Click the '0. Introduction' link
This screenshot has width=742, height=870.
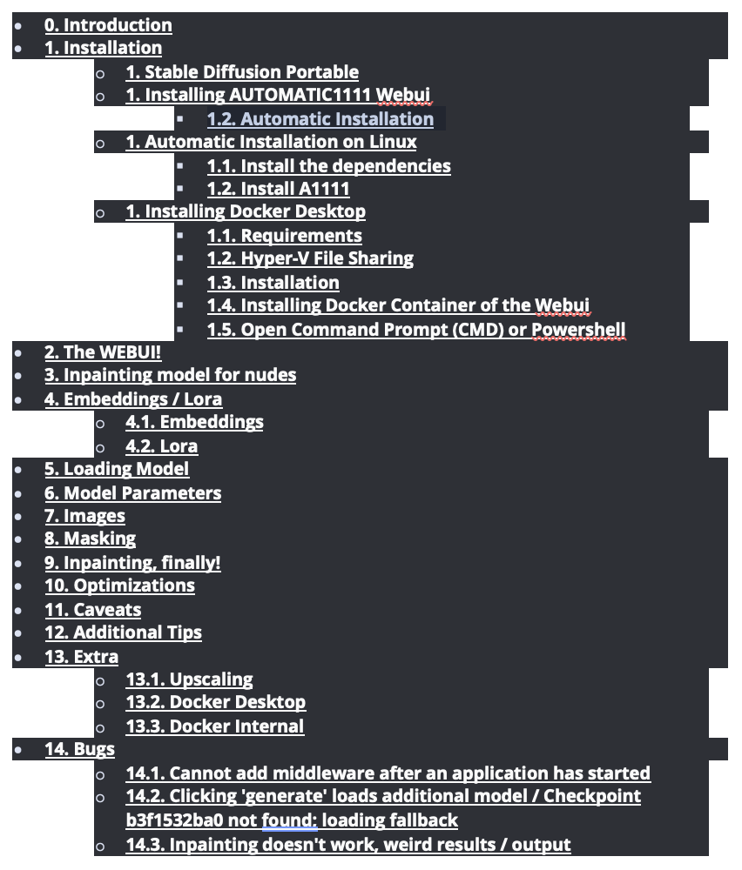pos(108,25)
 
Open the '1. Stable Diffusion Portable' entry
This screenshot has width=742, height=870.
pos(242,72)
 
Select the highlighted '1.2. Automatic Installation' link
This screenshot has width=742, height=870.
pos(320,118)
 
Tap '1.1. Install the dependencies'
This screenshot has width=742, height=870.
pos(329,166)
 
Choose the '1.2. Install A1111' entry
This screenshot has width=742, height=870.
pos(279,189)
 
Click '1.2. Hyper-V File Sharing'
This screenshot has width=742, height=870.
pos(310,258)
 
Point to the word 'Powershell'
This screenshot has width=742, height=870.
pos(579,330)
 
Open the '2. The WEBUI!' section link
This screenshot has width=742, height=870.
pos(103,352)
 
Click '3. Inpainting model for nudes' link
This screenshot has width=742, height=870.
pos(171,375)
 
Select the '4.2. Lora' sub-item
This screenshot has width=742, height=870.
pos(162,446)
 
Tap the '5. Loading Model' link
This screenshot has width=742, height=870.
pos(117,469)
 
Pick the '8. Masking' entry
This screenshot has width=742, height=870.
pos(91,539)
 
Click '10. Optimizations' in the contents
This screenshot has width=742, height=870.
pos(120,586)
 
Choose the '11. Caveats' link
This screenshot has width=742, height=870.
pos(92,610)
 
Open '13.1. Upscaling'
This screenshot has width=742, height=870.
pos(189,679)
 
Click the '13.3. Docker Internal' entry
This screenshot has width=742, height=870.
pos(215,726)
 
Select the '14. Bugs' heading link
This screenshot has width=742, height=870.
pos(80,749)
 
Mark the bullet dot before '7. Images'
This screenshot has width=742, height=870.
pos(18,517)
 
